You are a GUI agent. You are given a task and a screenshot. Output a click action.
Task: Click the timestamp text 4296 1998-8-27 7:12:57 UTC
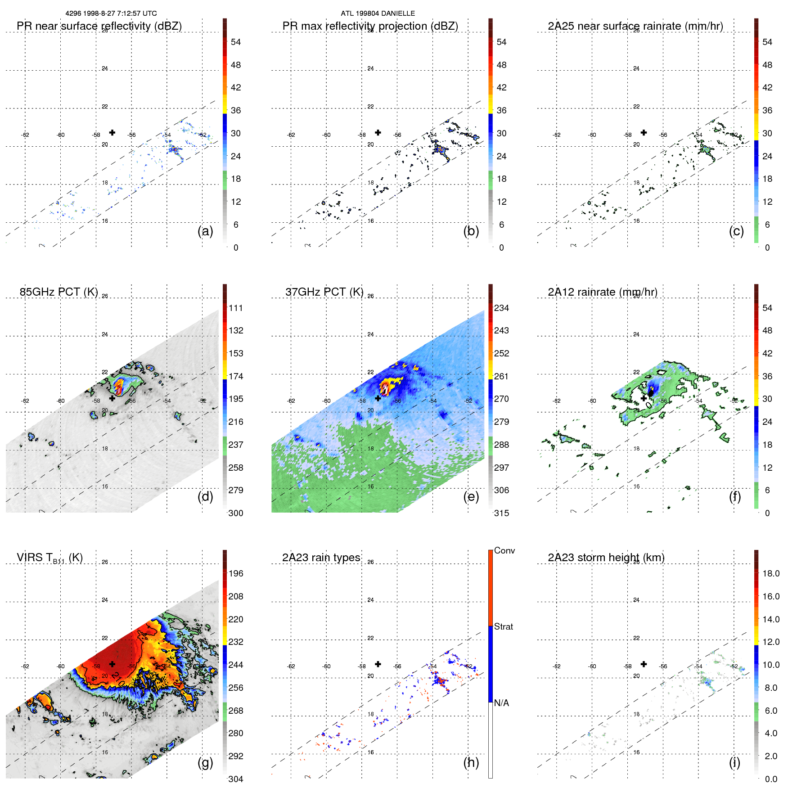click(x=111, y=14)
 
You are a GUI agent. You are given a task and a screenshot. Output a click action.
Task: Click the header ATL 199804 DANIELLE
click(x=378, y=14)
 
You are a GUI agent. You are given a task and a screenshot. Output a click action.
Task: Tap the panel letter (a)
click(x=205, y=231)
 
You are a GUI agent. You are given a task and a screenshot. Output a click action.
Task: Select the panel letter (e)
click(x=471, y=497)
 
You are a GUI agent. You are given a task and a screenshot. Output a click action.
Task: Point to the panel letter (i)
click(x=734, y=762)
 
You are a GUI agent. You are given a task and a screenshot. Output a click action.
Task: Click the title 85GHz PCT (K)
click(x=59, y=292)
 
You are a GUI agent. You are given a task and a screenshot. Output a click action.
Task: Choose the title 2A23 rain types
click(x=321, y=558)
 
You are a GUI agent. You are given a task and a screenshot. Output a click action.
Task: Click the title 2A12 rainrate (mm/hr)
click(x=603, y=292)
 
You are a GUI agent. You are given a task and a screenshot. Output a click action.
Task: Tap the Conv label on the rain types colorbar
click(x=504, y=550)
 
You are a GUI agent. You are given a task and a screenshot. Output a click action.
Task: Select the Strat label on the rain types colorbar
click(x=503, y=626)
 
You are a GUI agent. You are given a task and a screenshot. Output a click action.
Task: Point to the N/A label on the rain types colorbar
click(x=501, y=703)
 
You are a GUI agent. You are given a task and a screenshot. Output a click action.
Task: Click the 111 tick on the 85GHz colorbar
click(x=236, y=308)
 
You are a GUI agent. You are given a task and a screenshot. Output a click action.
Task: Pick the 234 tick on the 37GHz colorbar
click(x=501, y=308)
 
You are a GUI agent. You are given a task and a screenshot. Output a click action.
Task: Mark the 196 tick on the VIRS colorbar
click(x=236, y=573)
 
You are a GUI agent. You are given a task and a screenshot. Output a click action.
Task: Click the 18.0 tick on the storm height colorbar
click(x=771, y=573)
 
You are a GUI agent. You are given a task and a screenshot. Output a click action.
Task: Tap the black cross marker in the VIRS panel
click(x=112, y=664)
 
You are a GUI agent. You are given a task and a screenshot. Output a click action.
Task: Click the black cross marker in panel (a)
click(x=112, y=132)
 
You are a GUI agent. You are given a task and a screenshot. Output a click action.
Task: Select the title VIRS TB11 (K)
click(x=50, y=558)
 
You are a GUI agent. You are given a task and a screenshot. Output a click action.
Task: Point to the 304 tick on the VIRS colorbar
click(x=236, y=779)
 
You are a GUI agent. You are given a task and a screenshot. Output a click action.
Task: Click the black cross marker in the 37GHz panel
click(x=378, y=398)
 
